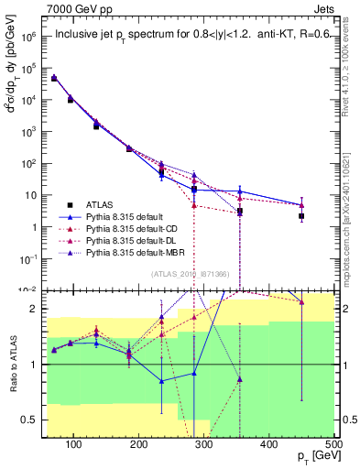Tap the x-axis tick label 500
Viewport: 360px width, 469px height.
click(333, 445)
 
